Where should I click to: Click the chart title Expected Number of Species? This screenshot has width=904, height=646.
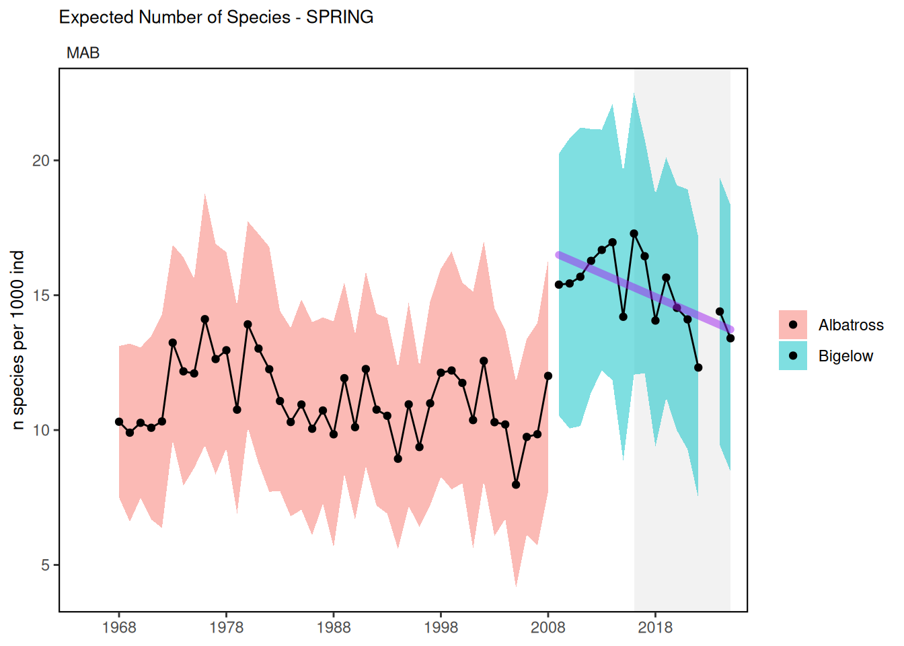[x=216, y=17]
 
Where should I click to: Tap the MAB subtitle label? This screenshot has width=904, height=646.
[x=83, y=53]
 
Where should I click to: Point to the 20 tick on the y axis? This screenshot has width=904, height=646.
[x=41, y=161]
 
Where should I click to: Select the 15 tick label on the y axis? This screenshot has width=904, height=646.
[x=41, y=295]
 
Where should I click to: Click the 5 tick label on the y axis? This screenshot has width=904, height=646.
[x=45, y=565]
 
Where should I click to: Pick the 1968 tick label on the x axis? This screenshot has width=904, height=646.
[x=119, y=628]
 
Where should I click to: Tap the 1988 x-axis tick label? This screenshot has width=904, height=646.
[x=334, y=628]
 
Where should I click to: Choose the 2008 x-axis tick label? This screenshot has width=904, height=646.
[x=548, y=628]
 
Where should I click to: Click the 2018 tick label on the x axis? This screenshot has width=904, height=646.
[x=655, y=628]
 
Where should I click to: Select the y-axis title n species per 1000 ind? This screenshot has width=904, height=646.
[x=18, y=340]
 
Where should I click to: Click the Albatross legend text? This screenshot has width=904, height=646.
[x=851, y=325]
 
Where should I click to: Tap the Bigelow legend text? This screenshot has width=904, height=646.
[x=845, y=356]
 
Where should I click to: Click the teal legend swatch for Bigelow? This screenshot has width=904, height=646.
[x=793, y=356]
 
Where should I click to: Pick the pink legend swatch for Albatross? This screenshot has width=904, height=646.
[x=793, y=325]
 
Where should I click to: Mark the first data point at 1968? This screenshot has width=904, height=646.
[x=119, y=422]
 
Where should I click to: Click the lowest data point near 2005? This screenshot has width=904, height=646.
[x=516, y=485]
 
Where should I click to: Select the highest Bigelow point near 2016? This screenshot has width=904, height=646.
[x=634, y=234]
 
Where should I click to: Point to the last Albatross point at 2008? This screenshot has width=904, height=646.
[x=548, y=376]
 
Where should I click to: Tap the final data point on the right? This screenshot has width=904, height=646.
[x=730, y=338]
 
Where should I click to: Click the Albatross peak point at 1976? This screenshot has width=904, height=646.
[x=205, y=319]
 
